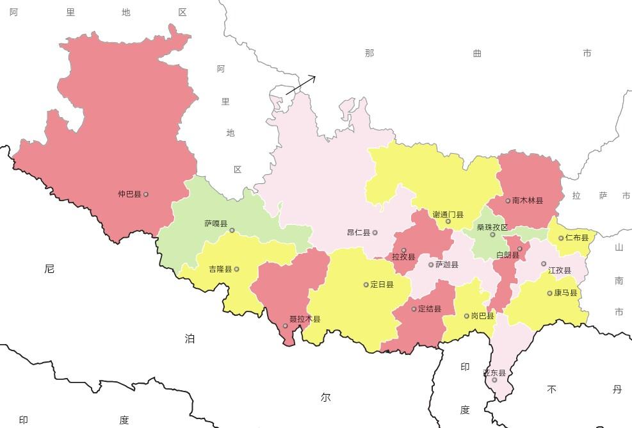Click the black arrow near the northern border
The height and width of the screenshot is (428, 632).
point(301,85)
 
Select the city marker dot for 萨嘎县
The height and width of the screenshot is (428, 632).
point(232,230)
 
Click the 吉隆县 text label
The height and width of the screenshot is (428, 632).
point(220,270)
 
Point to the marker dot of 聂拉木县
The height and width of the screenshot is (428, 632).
point(286,325)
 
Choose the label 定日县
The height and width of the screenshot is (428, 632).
point(382,284)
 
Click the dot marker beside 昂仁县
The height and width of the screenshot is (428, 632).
point(375,233)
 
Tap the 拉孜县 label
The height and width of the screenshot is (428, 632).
point(403,257)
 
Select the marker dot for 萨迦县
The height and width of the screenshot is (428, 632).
point(431,265)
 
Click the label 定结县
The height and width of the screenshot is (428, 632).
point(430,309)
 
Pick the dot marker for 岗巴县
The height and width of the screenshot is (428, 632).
point(466,316)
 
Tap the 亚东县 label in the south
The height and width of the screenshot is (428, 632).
point(494,373)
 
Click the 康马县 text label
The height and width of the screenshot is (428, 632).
point(566,293)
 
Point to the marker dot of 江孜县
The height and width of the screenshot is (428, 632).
point(544,263)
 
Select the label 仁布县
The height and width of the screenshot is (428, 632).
point(577,238)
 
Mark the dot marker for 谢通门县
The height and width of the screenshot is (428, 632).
point(448,222)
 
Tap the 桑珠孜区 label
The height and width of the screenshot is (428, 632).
point(492,227)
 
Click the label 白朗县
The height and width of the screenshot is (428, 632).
point(508,256)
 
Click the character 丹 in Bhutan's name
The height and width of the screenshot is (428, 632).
point(617,389)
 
